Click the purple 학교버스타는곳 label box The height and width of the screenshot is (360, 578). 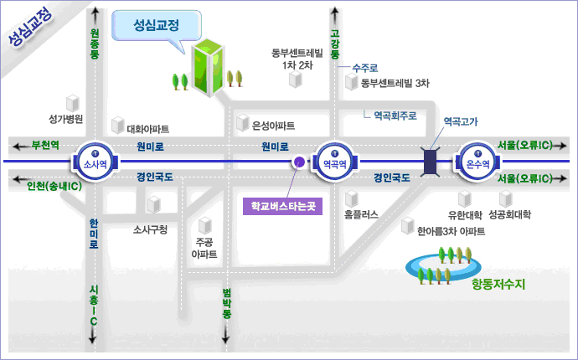[282, 205]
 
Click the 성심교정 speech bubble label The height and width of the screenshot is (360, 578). [157, 25]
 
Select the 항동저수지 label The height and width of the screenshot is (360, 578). [498, 284]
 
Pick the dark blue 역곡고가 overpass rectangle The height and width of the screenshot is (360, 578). [432, 162]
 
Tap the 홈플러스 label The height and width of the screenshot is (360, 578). [361, 214]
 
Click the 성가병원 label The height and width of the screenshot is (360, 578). [66, 119]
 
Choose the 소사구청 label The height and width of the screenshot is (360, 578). [151, 229]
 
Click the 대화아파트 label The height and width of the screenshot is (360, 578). [147, 129]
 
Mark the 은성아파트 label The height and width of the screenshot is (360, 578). [273, 126]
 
